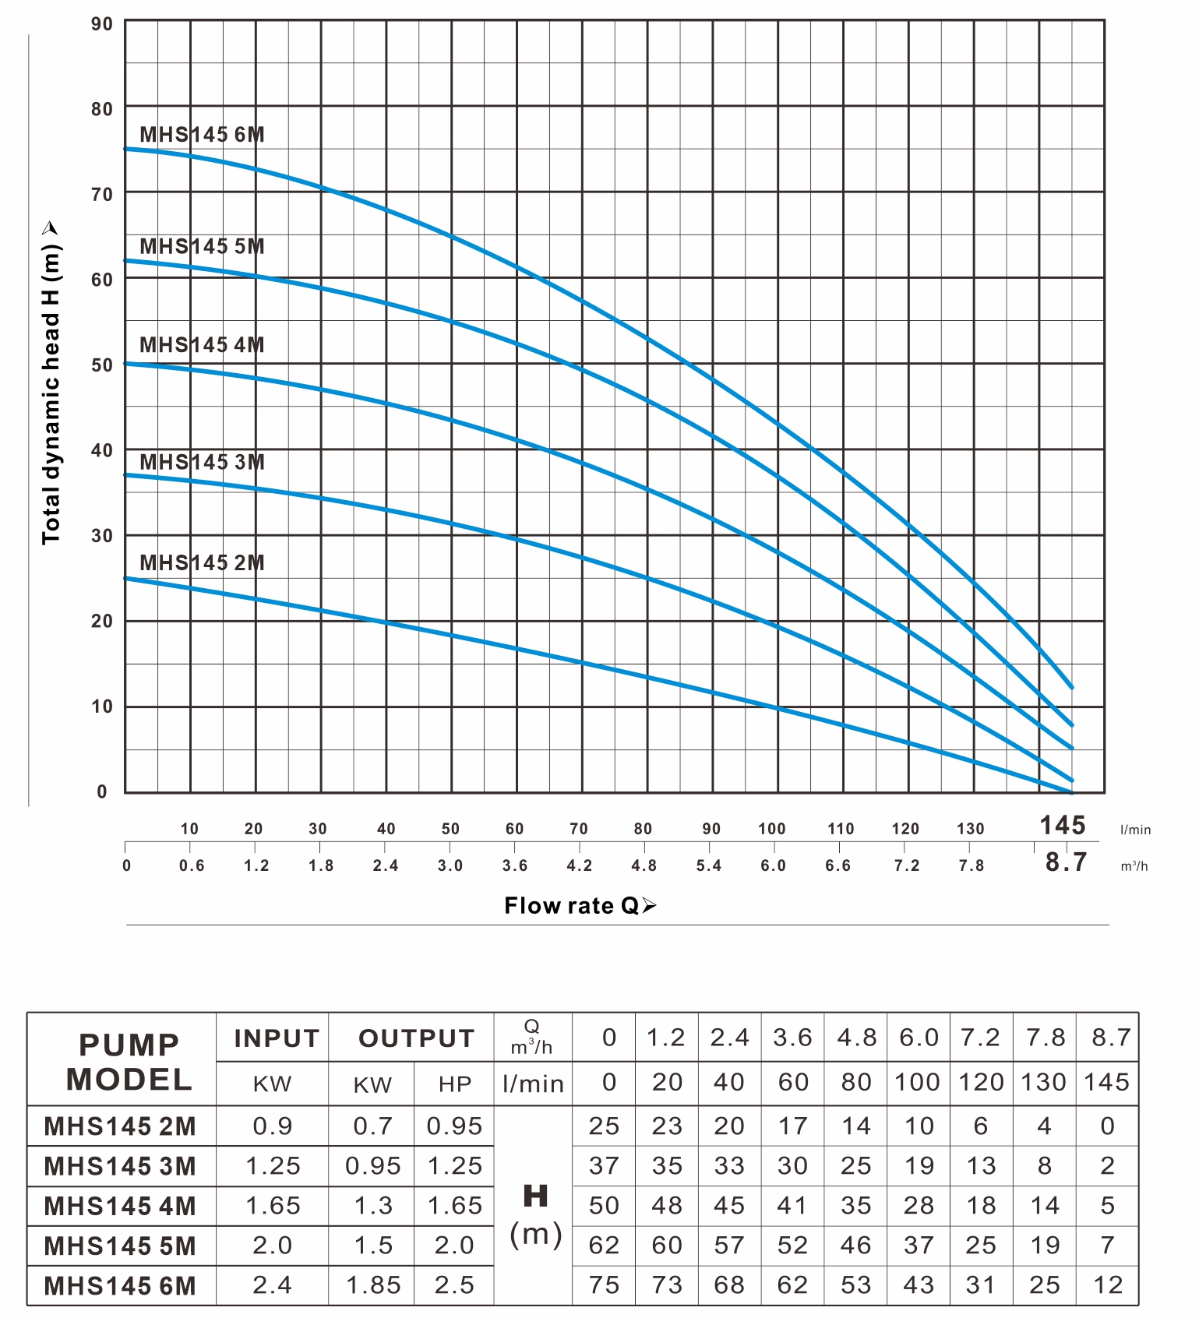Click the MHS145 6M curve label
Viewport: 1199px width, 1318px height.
pyautogui.click(x=202, y=135)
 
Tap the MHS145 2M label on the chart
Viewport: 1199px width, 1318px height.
pyautogui.click(x=202, y=562)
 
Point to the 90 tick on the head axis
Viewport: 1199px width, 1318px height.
pyautogui.click(x=102, y=24)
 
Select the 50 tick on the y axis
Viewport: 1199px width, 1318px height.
pyautogui.click(x=102, y=365)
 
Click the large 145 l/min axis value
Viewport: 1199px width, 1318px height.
pyautogui.click(x=1063, y=825)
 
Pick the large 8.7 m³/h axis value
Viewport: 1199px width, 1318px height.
pyautogui.click(x=1066, y=862)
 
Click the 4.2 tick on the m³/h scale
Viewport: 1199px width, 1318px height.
pyautogui.click(x=579, y=865)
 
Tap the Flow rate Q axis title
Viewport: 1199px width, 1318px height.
pyautogui.click(x=580, y=905)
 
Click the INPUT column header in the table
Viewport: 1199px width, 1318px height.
pyautogui.click(x=277, y=1038)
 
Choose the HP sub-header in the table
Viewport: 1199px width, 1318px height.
pyautogui.click(x=455, y=1084)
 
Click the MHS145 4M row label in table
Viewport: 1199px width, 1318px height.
pyautogui.click(x=120, y=1206)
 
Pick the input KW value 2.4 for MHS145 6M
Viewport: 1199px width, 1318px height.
pyautogui.click(x=272, y=1285)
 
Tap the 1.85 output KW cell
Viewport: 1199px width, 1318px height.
pyautogui.click(x=373, y=1285)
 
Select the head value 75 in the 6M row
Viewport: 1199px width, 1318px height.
pyautogui.click(x=604, y=1285)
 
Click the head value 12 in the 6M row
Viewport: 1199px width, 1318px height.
pyautogui.click(x=1107, y=1285)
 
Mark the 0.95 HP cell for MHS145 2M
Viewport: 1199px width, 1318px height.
pyautogui.click(x=455, y=1126)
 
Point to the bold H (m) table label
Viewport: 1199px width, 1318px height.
pyautogui.click(x=535, y=1215)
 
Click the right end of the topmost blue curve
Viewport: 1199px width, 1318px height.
pyautogui.click(x=1072, y=687)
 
